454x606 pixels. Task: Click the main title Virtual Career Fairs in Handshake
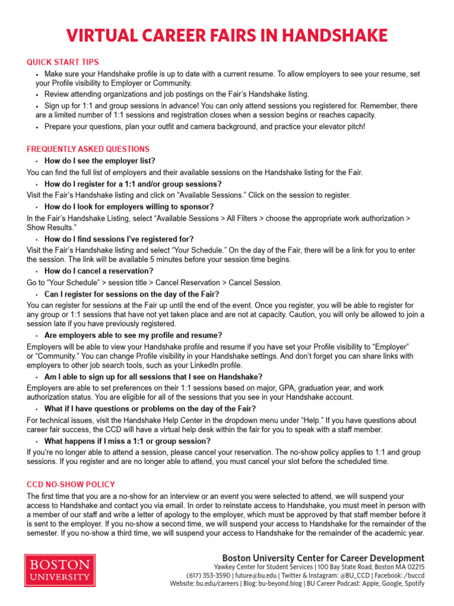[227, 36]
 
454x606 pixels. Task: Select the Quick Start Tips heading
[63, 62]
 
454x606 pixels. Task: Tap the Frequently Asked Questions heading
[88, 149]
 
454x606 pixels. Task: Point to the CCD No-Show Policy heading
[71, 484]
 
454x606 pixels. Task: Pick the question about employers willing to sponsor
[129, 207]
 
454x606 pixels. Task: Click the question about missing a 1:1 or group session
[135, 441]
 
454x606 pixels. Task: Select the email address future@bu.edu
[255, 575]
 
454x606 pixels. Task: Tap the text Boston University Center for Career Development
[323, 558]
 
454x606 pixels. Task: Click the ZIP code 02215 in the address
[414, 566]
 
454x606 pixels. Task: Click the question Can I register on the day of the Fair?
[132, 294]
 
